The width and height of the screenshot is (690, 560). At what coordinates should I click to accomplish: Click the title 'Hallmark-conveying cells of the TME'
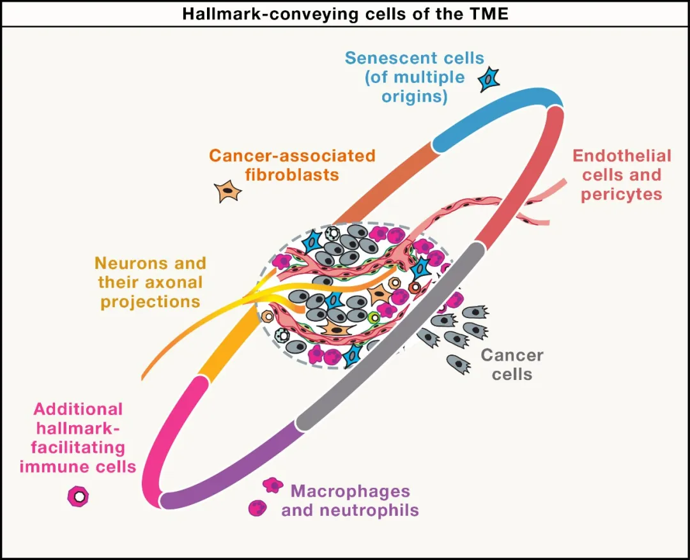(345, 13)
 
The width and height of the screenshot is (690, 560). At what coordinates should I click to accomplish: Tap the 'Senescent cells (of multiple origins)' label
(414, 77)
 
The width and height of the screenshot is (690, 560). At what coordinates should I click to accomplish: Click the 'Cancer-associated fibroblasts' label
(292, 165)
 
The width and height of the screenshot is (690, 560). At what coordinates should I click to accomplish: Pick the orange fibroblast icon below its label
(227, 191)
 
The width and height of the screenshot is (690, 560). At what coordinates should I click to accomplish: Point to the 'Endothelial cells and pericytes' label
(622, 175)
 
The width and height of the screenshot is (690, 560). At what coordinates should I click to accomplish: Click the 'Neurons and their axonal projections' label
(150, 282)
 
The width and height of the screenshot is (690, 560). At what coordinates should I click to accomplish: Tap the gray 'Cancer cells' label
(512, 364)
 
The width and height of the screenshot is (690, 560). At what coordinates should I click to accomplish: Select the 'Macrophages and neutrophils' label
(350, 501)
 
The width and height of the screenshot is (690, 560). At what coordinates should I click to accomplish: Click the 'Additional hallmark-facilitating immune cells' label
(78, 437)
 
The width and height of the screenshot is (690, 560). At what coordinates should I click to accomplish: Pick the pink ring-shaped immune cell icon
(78, 496)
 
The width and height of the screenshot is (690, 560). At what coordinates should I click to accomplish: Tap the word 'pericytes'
(622, 194)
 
